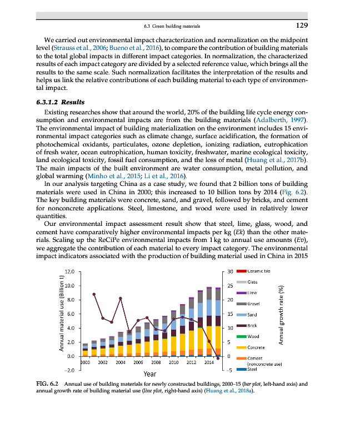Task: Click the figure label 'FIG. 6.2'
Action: [47, 384]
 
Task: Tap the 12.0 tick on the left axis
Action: [70, 271]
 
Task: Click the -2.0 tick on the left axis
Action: [70, 370]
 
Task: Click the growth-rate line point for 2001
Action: [94, 294]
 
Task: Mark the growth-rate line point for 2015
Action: [218, 359]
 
